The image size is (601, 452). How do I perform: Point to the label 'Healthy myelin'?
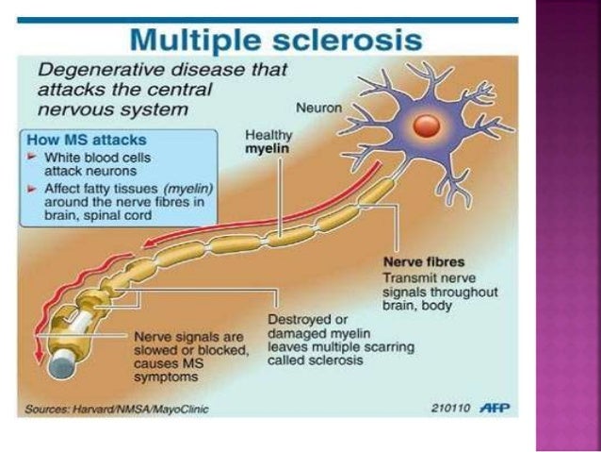click(x=268, y=141)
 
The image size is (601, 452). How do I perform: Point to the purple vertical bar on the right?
click(x=567, y=226)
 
